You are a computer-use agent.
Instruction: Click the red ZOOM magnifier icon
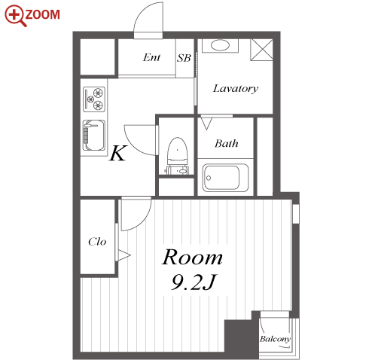[x=16, y=16]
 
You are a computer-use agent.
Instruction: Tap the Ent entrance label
[x=151, y=57]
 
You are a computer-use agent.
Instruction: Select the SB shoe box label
[x=184, y=58]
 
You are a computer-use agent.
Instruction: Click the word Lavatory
[x=236, y=89]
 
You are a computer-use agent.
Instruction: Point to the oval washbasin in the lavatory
[x=220, y=45]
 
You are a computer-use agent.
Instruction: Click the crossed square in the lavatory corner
[x=261, y=50]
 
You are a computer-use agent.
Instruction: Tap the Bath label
[x=226, y=144]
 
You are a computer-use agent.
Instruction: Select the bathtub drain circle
[x=209, y=178]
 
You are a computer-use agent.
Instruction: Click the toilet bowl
[x=178, y=151]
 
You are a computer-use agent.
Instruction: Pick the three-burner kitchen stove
[x=94, y=99]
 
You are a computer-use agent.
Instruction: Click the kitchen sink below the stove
[x=94, y=136]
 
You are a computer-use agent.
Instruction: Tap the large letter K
[x=117, y=153]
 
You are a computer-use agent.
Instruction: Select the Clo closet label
[x=97, y=242]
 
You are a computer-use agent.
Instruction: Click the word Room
[x=192, y=258]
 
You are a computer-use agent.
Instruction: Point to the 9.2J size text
[x=194, y=282]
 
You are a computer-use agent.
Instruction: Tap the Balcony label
[x=275, y=339]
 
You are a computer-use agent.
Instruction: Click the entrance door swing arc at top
[x=141, y=13]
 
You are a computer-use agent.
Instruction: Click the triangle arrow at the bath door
[x=206, y=124]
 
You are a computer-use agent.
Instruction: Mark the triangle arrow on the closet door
[x=124, y=255]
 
